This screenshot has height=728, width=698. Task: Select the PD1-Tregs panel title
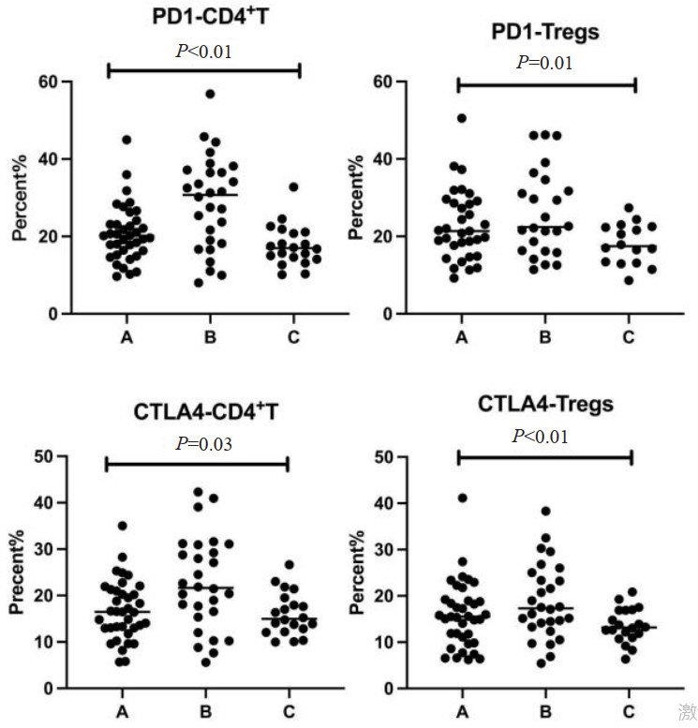tap(545, 33)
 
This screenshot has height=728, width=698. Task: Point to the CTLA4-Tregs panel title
tap(546, 405)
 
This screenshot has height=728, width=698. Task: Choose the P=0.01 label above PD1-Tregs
tap(544, 63)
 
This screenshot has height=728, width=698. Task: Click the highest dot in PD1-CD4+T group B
tap(211, 94)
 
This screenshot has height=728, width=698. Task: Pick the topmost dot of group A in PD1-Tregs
tap(462, 118)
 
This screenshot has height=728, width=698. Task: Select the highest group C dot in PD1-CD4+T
tap(293, 186)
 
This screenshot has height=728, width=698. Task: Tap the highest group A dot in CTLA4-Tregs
tap(462, 498)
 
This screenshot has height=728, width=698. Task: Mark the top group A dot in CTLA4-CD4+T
tap(122, 526)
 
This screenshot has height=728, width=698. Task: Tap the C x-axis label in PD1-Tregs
tap(629, 335)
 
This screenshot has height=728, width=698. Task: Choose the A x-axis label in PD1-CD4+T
tap(125, 335)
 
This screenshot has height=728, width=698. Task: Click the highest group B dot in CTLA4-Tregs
tap(545, 512)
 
